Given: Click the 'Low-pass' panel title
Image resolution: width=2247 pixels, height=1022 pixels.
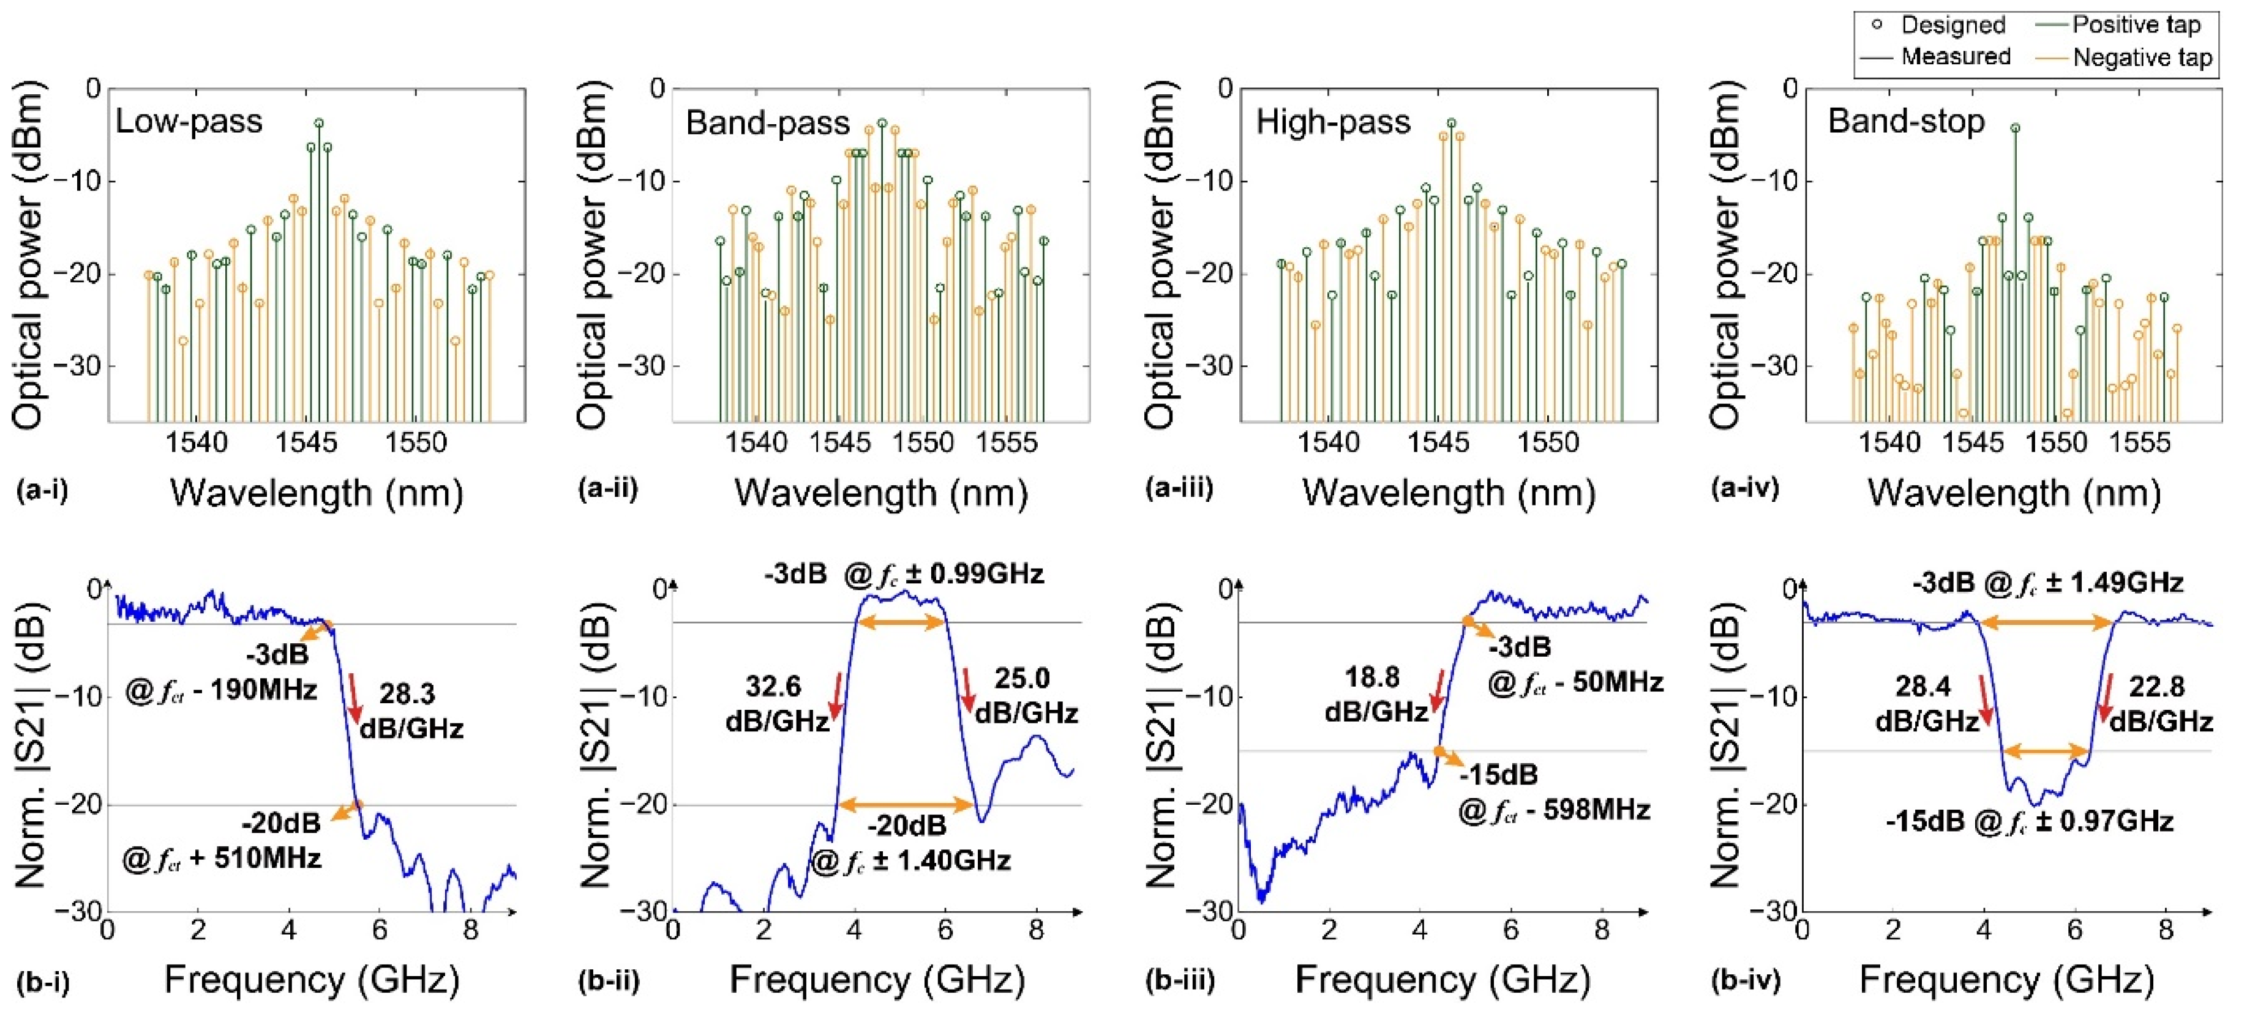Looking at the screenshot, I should pyautogui.click(x=189, y=121).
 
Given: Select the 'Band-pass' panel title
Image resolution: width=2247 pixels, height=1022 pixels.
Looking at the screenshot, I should pyautogui.click(x=767, y=123).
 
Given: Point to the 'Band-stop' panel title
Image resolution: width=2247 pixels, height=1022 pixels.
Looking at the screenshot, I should pyautogui.click(x=1906, y=121).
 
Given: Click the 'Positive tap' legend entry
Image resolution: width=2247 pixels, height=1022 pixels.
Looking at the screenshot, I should pyautogui.click(x=2136, y=24).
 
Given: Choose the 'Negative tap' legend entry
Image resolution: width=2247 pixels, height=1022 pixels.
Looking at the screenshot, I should pyautogui.click(x=2142, y=58).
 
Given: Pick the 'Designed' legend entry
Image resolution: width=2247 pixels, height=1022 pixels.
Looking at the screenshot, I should pyautogui.click(x=1952, y=24).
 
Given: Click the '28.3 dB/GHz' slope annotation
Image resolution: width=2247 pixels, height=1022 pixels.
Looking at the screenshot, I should pyautogui.click(x=410, y=711).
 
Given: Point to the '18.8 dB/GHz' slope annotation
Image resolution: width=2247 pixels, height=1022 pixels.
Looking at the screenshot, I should pyautogui.click(x=1375, y=694).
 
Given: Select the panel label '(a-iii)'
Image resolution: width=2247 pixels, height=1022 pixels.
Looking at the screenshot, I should pyautogui.click(x=1179, y=488).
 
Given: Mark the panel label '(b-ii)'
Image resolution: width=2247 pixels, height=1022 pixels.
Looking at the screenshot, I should pyautogui.click(x=608, y=981).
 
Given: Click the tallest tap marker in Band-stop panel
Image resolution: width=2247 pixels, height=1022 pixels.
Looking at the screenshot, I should pyautogui.click(x=2015, y=127).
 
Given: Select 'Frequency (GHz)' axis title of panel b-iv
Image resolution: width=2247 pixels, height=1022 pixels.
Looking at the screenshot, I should pyautogui.click(x=2006, y=979).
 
